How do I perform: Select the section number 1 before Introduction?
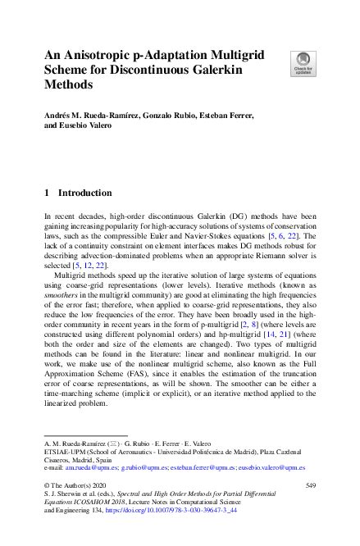click(x=45, y=193)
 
